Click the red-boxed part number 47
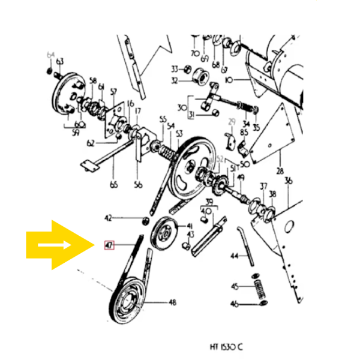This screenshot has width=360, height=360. pos(109,245)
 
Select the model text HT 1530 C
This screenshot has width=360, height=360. pos(227,347)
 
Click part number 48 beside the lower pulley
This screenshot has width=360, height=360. pos(172,303)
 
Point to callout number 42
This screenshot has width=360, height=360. pos(109,218)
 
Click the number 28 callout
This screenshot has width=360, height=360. pos(280,170)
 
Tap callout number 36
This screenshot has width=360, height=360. pos(288,180)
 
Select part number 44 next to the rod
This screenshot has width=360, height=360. pos(235,256)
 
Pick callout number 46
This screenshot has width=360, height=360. pos(235,304)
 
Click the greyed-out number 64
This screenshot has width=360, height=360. pos(50,55)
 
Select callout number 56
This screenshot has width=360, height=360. pos(138,185)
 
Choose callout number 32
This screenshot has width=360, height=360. pos(175,80)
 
